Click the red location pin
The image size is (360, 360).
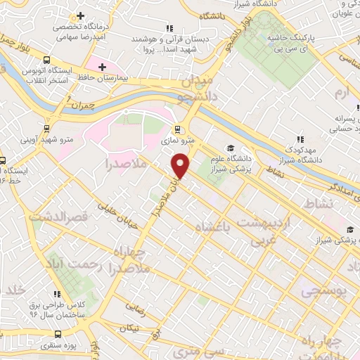181,165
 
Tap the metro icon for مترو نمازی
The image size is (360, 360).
177,129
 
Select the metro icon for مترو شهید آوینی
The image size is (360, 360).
46,129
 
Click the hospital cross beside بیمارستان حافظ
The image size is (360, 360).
103,67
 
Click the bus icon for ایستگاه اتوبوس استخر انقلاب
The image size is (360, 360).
46,60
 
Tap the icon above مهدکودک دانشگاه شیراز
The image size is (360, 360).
300,140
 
